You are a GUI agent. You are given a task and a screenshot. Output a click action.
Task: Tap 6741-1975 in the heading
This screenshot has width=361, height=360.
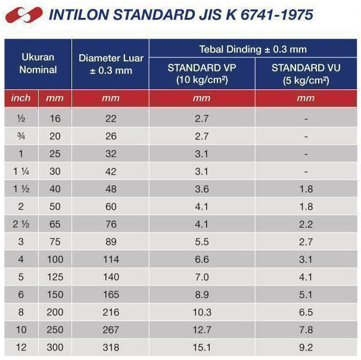click(278, 14)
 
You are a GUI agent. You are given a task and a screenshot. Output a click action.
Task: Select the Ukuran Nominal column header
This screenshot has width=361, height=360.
click(38, 64)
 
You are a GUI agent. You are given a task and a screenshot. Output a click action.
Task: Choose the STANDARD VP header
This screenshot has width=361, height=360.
click(201, 73)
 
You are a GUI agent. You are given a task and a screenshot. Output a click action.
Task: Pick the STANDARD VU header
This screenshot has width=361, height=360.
click(306, 73)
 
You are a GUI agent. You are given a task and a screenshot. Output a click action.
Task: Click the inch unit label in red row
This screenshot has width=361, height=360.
click(21, 98)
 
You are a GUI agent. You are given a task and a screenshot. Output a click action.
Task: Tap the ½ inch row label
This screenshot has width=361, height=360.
click(21, 119)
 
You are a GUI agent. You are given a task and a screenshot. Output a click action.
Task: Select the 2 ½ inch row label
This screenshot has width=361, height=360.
click(21, 224)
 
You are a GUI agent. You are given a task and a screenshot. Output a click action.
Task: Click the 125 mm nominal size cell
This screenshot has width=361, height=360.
click(55, 277)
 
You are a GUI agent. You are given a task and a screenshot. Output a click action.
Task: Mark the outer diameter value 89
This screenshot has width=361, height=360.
click(110, 242)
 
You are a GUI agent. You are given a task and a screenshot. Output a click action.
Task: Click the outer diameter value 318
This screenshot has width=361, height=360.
click(110, 347)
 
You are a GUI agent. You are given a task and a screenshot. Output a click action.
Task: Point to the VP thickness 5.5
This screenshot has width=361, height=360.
click(201, 242)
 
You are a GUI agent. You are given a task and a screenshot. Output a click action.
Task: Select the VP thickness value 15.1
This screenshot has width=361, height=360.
click(201, 347)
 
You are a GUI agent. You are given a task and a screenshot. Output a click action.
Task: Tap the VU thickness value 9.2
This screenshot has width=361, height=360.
click(306, 347)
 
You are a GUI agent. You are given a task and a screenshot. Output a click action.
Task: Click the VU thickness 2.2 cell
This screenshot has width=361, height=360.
click(306, 224)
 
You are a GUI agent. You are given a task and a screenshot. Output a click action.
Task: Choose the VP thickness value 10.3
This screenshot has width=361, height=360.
click(201, 312)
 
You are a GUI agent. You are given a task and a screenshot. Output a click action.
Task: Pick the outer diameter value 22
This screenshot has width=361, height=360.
click(110, 119)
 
